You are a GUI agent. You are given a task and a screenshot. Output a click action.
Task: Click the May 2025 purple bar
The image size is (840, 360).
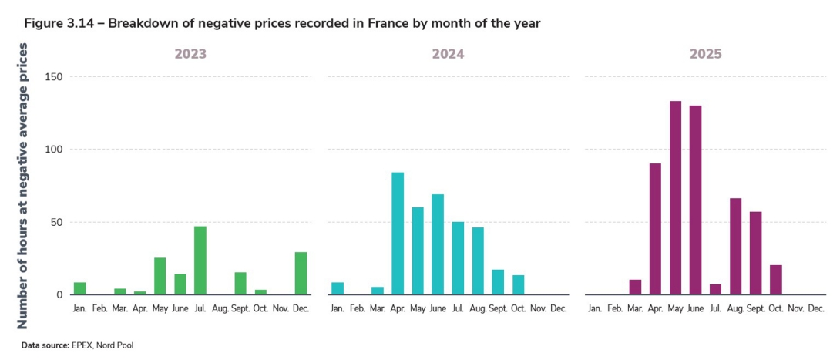(675, 198)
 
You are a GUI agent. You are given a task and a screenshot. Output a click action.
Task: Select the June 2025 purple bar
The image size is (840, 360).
(695, 200)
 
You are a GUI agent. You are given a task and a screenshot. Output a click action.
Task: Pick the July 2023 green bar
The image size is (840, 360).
(200, 261)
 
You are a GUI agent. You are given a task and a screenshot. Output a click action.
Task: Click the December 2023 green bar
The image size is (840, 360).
(301, 274)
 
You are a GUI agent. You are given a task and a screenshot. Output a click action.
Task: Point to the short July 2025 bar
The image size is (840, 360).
(715, 289)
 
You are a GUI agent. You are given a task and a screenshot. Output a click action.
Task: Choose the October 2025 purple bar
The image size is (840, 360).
(775, 280)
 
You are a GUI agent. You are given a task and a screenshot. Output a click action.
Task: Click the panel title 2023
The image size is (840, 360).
(190, 55)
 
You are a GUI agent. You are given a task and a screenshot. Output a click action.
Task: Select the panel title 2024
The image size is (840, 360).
(449, 55)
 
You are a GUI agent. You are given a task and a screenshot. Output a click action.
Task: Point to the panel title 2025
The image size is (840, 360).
(706, 55)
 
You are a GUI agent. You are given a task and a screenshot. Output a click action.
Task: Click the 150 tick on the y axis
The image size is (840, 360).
(53, 77)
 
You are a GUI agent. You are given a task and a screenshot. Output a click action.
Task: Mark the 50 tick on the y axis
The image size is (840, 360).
(56, 222)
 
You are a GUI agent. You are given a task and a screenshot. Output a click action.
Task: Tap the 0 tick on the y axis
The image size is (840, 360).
(59, 294)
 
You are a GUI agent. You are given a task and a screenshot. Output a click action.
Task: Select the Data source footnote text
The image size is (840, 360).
(77, 345)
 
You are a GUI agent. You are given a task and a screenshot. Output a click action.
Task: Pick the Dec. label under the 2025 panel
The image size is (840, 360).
(815, 308)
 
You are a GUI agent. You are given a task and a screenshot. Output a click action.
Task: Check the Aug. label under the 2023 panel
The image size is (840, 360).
(220, 308)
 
